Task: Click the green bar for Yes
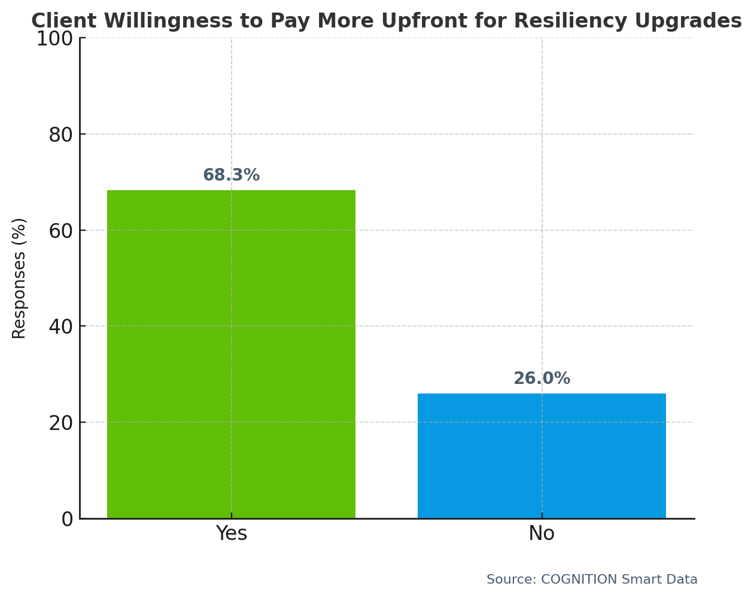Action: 231,354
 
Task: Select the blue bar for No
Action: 542,456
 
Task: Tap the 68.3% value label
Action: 231,175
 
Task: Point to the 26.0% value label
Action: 542,379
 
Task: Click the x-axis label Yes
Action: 231,533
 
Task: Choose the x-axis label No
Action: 542,533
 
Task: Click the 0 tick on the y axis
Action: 67,519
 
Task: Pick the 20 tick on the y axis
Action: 60,423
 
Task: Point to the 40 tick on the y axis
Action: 60,327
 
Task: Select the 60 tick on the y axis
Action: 60,230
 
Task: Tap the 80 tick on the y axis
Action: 60,135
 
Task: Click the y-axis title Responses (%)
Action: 19,278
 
